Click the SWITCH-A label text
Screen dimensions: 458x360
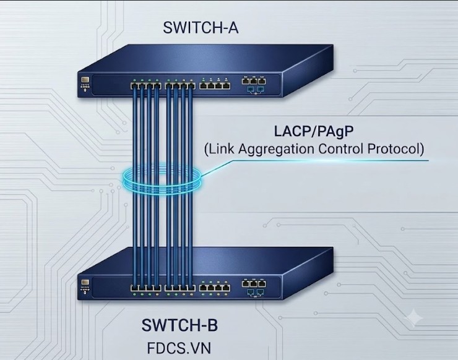point(201,28)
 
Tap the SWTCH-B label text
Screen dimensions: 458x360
point(179,325)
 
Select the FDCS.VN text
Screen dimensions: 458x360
point(179,348)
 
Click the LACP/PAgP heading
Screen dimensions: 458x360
point(313,131)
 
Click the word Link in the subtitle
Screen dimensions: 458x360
point(222,148)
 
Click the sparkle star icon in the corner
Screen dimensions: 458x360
point(415,318)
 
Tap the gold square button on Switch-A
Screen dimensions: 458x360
point(85,80)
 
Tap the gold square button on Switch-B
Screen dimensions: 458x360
point(85,282)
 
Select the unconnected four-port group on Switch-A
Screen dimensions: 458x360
point(215,86)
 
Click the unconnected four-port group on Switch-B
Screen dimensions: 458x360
point(215,288)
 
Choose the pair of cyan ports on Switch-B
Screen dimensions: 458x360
point(256,292)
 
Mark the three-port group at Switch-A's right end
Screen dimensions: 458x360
point(254,80)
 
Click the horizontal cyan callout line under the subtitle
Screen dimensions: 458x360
point(331,160)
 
